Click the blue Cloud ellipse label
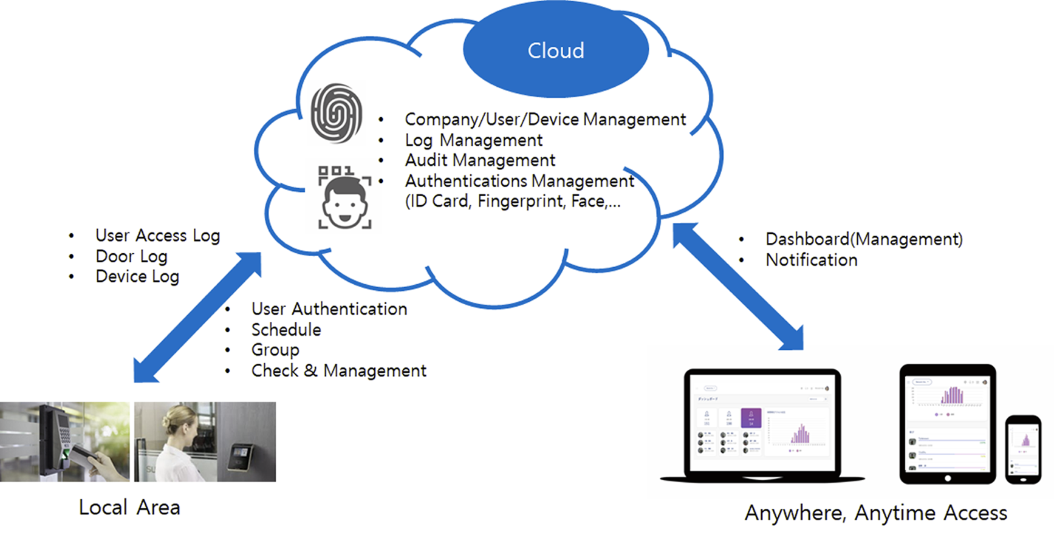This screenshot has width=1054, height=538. coord(555,50)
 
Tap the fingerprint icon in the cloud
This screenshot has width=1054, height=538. coord(336,114)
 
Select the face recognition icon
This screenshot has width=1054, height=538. coord(344,198)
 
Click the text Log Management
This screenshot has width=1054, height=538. coord(473,140)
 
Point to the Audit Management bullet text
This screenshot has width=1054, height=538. coord(480,160)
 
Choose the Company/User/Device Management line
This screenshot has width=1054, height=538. coord(545,120)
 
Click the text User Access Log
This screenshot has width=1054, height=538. coord(157,236)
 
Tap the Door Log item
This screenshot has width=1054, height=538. coord(131,256)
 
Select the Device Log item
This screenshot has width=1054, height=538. coord(137,277)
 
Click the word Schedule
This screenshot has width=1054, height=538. coord(286,330)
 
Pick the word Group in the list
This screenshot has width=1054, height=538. coord(275,350)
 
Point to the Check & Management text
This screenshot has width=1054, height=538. coord(338,370)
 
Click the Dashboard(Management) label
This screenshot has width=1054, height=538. coord(863,239)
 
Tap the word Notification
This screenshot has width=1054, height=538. coord(811,260)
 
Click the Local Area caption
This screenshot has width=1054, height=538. coord(129,508)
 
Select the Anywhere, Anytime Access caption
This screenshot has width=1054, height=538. coord(875,513)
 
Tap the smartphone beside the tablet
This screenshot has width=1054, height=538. coord(1023,449)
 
